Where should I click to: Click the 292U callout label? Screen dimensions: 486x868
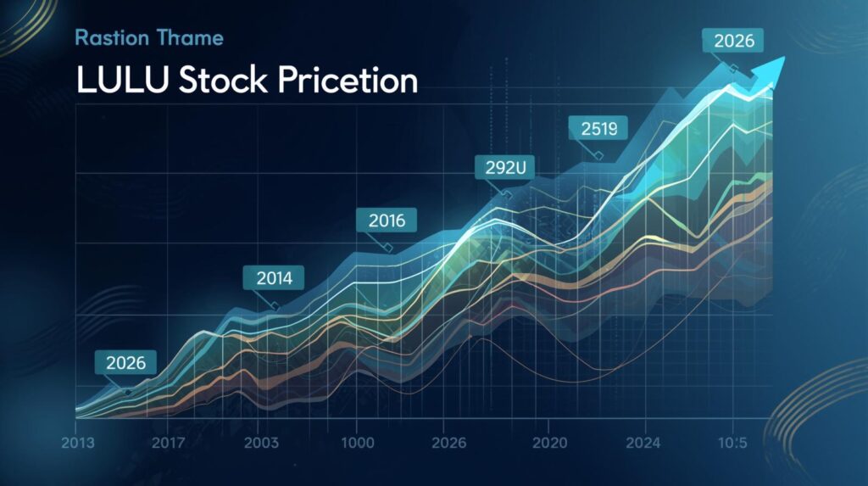[x=506, y=168]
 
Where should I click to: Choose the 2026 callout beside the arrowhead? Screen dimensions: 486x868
[x=733, y=40]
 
